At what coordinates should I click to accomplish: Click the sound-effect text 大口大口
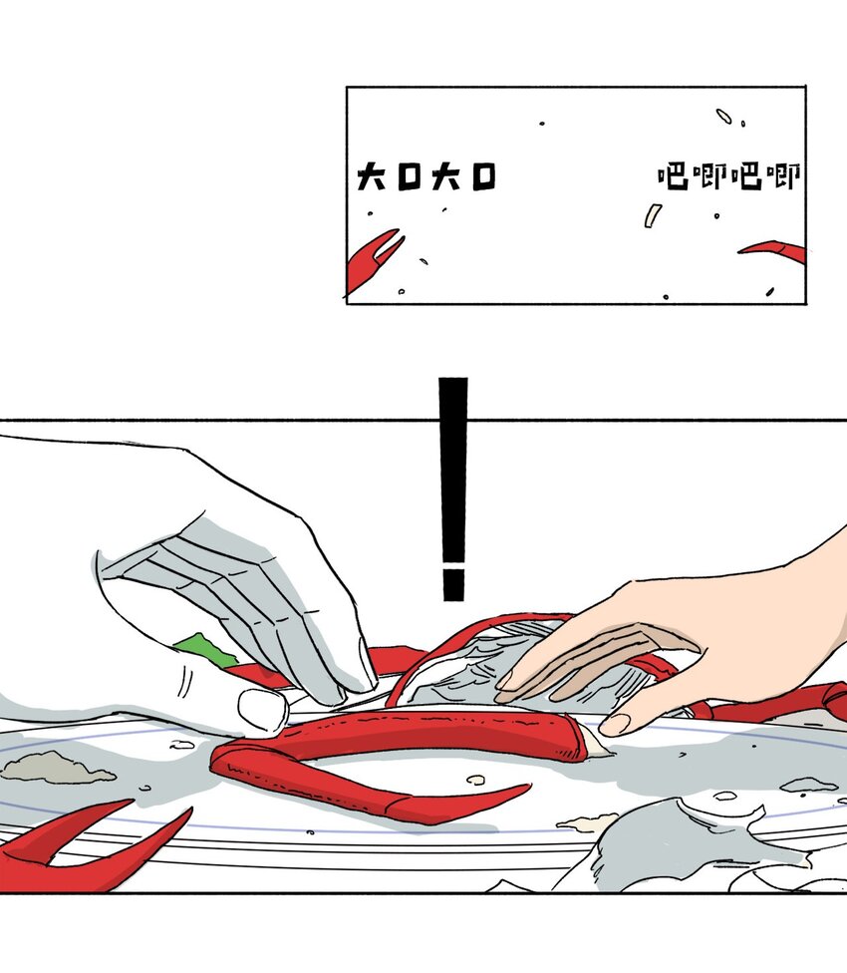coord(426,176)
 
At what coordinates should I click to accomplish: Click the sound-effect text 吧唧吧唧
coord(729,176)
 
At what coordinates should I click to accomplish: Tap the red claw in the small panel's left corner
coord(372,260)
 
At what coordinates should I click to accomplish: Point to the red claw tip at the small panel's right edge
coord(774,250)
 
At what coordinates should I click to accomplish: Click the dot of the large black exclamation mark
coord(453,584)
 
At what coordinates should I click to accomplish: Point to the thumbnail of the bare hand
coord(615,724)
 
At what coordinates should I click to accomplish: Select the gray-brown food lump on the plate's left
coord(57,768)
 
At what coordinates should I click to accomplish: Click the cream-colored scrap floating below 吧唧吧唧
coord(653,215)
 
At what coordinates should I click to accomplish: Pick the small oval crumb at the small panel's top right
coord(723,116)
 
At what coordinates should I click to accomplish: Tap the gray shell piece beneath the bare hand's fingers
coord(471,670)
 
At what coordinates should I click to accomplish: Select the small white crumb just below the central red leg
coord(475,780)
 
